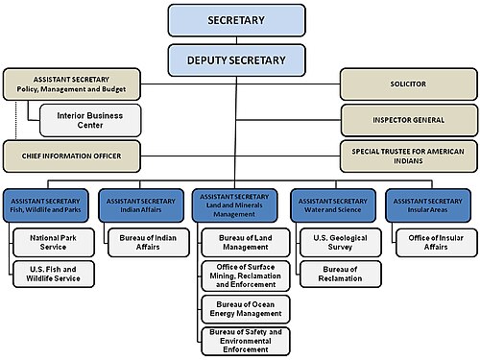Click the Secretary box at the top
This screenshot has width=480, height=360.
(236, 20)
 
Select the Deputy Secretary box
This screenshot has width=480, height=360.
(236, 60)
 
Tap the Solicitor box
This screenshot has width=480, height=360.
(409, 84)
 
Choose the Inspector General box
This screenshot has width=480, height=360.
(409, 120)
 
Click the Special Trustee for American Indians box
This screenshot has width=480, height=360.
(409, 156)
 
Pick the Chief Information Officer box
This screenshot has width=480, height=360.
(72, 156)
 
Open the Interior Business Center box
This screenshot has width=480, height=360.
(90, 120)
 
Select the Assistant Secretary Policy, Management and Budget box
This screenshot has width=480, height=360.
(72, 84)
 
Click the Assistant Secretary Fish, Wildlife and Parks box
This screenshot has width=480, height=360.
(46, 205)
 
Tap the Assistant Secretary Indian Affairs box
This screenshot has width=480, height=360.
(141, 205)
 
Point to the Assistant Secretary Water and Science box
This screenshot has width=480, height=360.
(333, 205)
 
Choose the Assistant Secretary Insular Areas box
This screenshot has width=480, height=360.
(428, 205)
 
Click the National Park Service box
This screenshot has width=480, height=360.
(54, 243)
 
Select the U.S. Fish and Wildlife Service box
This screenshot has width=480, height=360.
(54, 274)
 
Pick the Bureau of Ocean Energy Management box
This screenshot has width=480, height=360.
(246, 309)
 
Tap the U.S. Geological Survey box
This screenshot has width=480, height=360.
(341, 243)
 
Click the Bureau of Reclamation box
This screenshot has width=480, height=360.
(341, 274)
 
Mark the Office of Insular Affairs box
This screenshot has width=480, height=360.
(437, 243)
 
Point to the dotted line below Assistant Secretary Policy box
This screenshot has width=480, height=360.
(15, 120)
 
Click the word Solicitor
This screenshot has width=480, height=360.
(408, 84)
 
